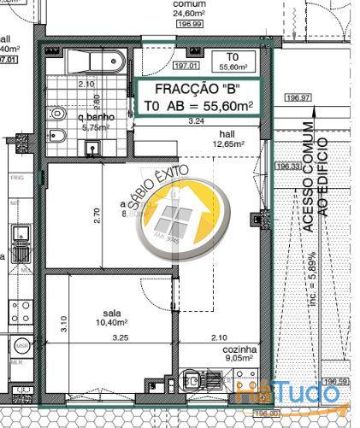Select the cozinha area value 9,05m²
[239, 359]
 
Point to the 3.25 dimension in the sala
[121, 337]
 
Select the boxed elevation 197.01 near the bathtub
[186, 65]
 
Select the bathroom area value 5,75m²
[92, 127]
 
